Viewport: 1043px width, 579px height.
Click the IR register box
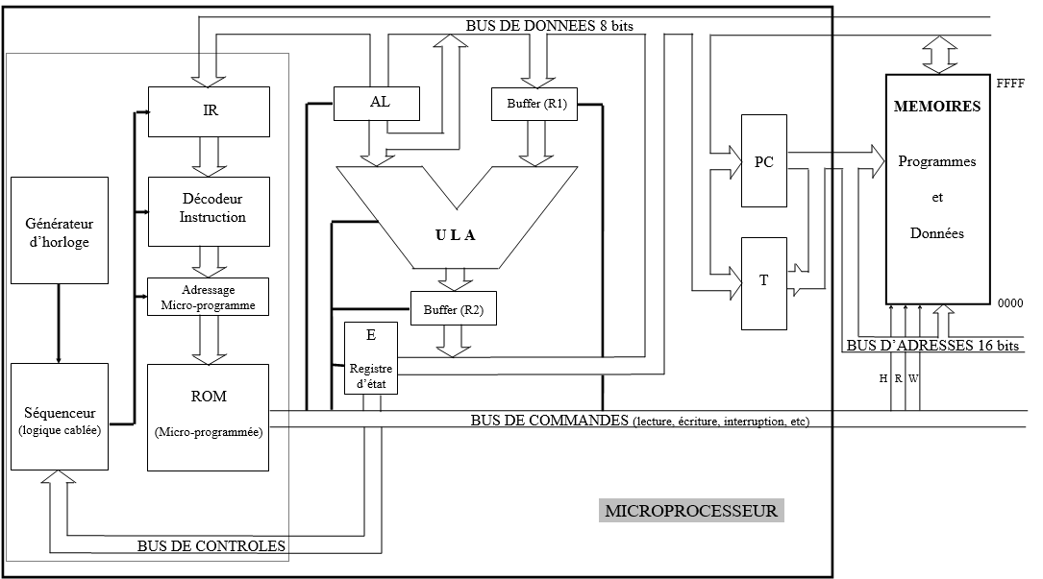pyautogui.click(x=209, y=110)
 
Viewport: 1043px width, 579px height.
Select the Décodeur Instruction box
pyautogui.click(x=209, y=210)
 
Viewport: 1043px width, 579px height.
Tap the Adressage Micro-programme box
pyautogui.click(x=209, y=297)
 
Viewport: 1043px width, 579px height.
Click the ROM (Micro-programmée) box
pyautogui.click(x=209, y=417)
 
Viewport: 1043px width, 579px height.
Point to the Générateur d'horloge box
pyautogui.click(x=59, y=229)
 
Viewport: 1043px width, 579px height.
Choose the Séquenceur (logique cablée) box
pyautogui.click(x=59, y=417)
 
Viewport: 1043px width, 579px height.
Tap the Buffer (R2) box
pyautogui.click(x=454, y=308)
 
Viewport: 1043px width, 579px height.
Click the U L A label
pyautogui.click(x=454, y=235)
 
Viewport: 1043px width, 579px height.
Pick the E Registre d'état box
pyautogui.click(x=371, y=357)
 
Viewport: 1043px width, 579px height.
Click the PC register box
pyautogui.click(x=763, y=161)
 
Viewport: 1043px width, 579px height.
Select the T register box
pyautogui.click(x=763, y=281)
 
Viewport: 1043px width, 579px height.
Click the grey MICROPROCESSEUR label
pyautogui.click(x=691, y=511)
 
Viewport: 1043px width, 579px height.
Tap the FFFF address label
pyautogui.click(x=1010, y=84)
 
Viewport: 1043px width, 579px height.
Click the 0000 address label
pyautogui.click(x=1009, y=302)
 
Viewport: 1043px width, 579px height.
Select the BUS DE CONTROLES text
pyautogui.click(x=211, y=547)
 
